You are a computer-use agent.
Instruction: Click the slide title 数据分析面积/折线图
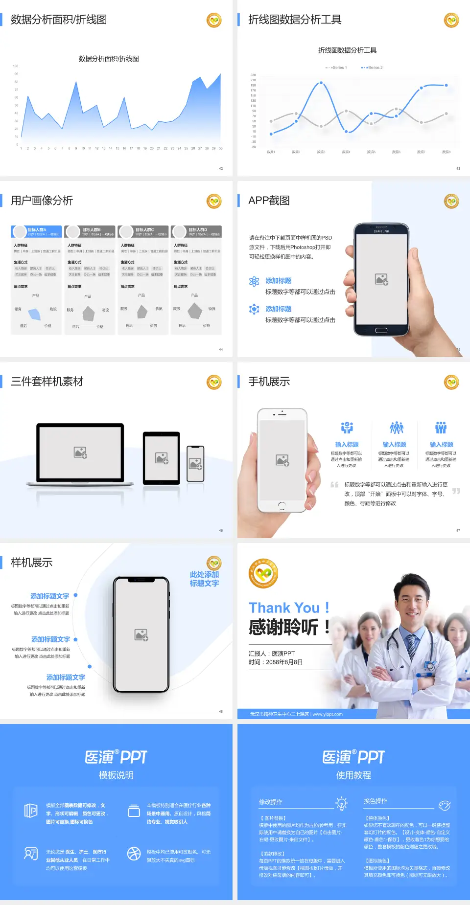(59, 20)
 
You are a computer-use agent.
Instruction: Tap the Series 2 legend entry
(373, 68)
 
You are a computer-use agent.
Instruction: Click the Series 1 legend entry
(337, 68)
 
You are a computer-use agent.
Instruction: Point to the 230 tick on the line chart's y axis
(253, 75)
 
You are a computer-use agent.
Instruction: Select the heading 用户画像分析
(42, 201)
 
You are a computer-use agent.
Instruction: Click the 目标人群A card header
(37, 231)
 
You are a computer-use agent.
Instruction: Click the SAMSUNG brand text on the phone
(381, 231)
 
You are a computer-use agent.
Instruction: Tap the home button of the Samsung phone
(381, 330)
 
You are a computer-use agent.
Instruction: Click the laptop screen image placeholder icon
(80, 452)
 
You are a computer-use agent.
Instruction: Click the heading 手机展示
(269, 382)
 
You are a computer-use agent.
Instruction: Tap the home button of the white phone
(282, 505)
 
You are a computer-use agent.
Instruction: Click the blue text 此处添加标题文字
(204, 579)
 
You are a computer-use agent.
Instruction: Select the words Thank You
(284, 608)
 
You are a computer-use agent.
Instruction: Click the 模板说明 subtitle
(116, 775)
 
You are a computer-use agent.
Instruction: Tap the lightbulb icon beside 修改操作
(341, 803)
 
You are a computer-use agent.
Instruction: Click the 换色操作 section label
(376, 801)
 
